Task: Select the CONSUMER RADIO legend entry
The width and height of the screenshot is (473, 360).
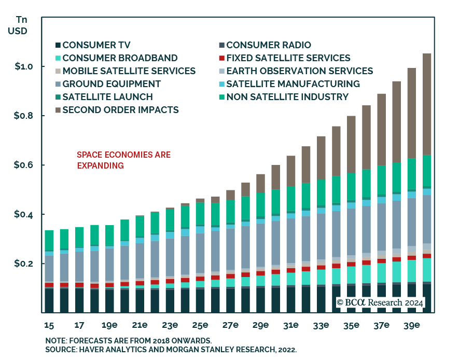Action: click(x=268, y=45)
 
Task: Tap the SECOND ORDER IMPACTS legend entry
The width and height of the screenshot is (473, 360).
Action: click(x=120, y=109)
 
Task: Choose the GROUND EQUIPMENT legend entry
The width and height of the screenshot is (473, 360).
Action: click(x=112, y=84)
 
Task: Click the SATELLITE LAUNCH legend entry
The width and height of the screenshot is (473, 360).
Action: click(x=107, y=96)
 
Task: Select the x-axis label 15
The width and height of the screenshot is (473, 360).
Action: click(x=49, y=326)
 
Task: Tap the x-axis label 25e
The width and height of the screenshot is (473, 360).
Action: click(x=200, y=326)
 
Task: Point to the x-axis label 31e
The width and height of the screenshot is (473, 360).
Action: click(x=290, y=326)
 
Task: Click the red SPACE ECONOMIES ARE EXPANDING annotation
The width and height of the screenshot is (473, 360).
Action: click(x=123, y=160)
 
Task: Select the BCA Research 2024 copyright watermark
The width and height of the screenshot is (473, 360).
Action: click(x=380, y=302)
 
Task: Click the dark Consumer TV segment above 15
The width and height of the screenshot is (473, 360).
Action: click(x=49, y=301)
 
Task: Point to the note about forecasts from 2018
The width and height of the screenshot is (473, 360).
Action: click(x=128, y=340)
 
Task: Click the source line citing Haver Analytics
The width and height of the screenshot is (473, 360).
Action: click(x=171, y=350)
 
